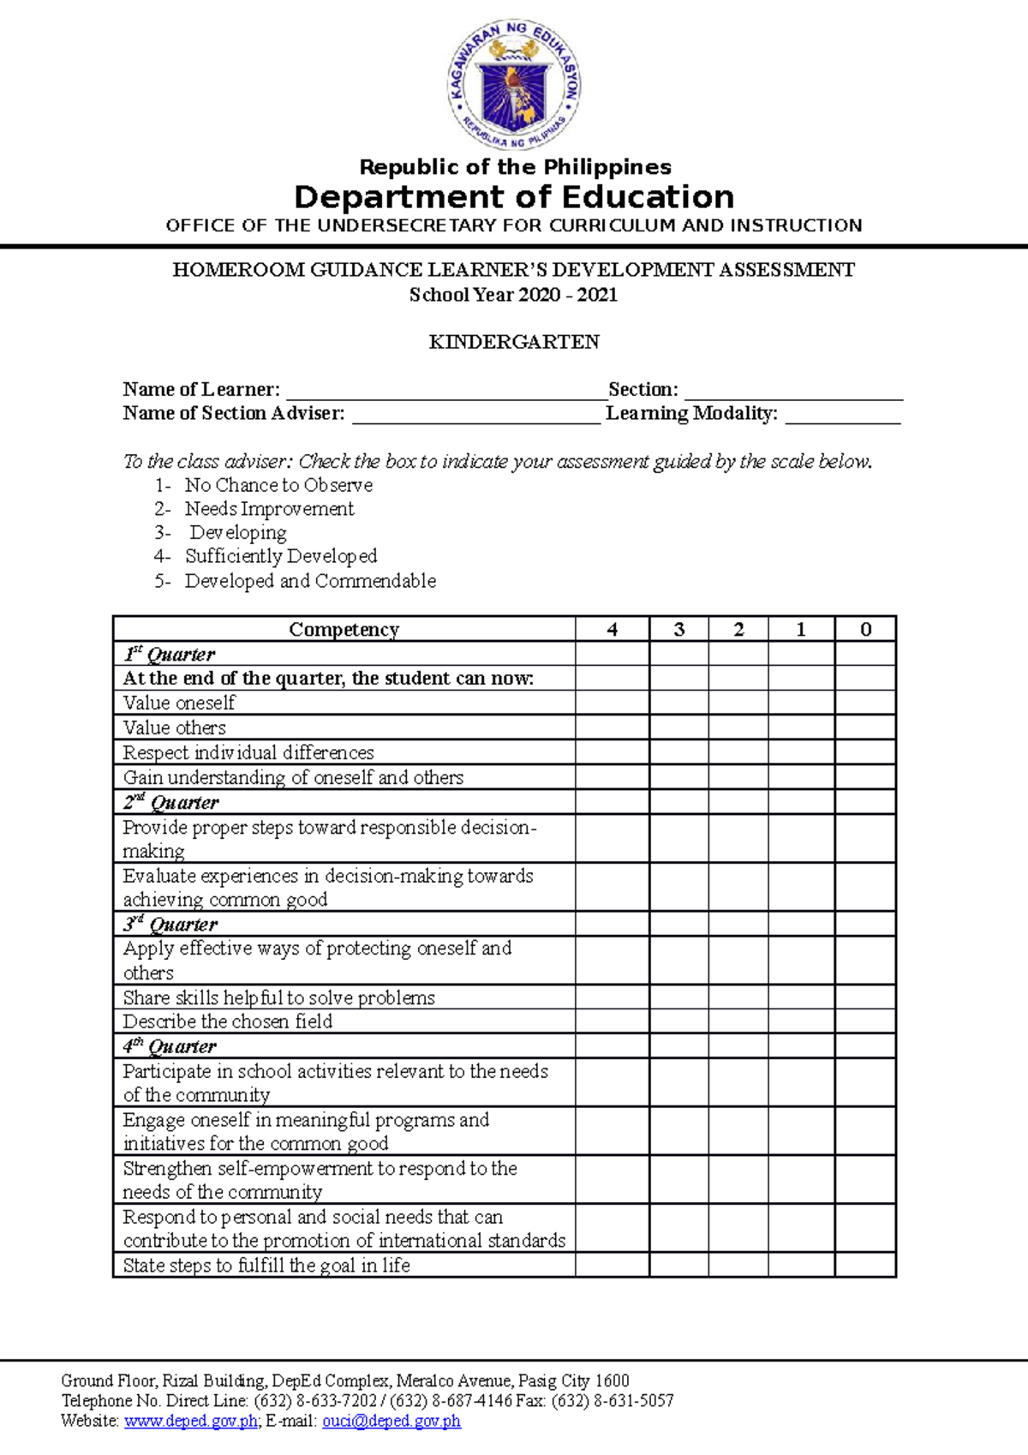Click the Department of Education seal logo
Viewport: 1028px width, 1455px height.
pos(514,84)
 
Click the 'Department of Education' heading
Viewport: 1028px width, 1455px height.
pos(514,197)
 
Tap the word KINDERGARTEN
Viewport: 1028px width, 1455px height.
pos(514,342)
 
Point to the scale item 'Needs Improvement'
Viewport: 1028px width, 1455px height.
pos(269,509)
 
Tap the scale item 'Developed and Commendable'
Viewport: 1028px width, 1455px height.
pos(310,581)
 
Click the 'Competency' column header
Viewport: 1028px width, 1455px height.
pos(344,630)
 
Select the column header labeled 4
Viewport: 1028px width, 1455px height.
pos(612,630)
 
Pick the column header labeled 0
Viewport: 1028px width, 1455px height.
pos(865,630)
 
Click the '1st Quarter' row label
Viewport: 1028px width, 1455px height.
pos(169,655)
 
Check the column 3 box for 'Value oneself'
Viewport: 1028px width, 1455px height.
pos(678,703)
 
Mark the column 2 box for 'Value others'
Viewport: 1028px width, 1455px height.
pos(738,727)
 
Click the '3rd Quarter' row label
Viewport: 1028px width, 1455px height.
pos(170,925)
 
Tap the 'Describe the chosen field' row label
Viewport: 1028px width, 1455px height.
pos(227,1021)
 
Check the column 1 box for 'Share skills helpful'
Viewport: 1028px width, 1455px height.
pos(801,997)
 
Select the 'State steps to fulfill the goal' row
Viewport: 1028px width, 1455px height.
pos(266,1266)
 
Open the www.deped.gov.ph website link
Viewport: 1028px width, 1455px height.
pos(191,1422)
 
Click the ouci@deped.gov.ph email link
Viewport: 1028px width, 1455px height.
pos(391,1422)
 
